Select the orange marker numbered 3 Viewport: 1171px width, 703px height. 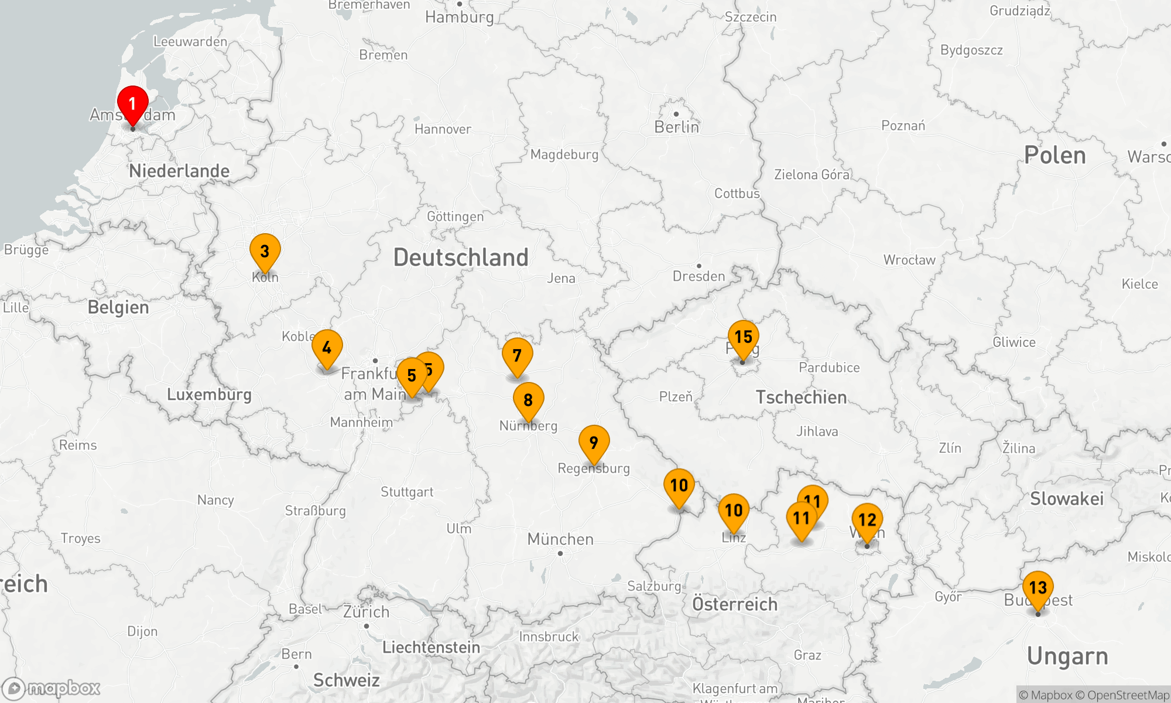point(265,252)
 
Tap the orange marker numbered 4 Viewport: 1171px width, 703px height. point(327,349)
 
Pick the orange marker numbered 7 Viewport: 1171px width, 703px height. point(517,356)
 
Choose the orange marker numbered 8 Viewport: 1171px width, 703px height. point(528,401)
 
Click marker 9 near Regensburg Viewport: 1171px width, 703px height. point(594,443)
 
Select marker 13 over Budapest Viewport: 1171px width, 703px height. point(1038,588)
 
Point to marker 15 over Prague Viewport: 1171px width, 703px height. point(743,338)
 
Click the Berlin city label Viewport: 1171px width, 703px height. point(676,127)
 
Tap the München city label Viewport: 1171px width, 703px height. point(560,539)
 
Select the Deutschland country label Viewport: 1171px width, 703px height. point(461,258)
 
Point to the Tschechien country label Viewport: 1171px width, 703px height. point(801,397)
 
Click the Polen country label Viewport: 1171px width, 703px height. point(1054,155)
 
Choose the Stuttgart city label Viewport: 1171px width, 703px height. point(407,492)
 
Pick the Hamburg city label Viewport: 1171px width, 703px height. point(460,17)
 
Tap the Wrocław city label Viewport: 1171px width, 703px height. point(909,260)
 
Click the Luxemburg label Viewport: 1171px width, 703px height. point(209,394)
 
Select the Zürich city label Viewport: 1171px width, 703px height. point(366,612)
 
